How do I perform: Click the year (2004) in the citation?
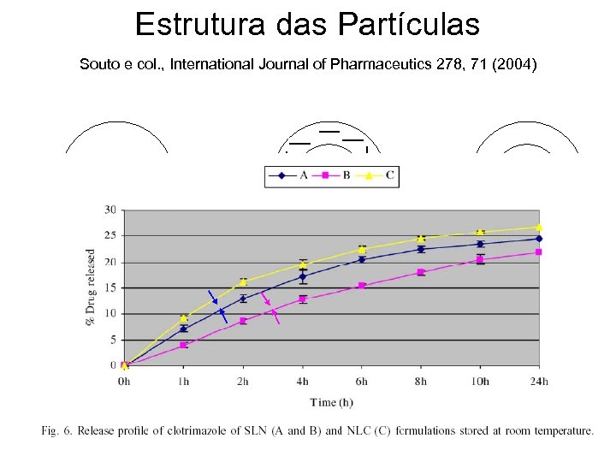(x=515, y=64)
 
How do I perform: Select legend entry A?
(x=303, y=176)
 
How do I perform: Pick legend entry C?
(x=388, y=176)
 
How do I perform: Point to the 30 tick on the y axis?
(x=110, y=210)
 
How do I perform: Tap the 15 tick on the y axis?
(x=110, y=287)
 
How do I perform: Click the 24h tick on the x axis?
(x=539, y=381)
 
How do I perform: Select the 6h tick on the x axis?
(x=362, y=381)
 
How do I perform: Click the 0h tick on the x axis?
(x=125, y=381)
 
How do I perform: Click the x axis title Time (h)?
(x=332, y=402)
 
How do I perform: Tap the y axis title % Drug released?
(x=92, y=287)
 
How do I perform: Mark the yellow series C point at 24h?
(x=539, y=228)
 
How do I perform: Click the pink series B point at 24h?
(x=539, y=252)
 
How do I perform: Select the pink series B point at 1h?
(x=184, y=345)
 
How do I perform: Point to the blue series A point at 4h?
(x=303, y=276)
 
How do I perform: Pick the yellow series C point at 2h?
(x=243, y=281)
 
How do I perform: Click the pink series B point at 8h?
(x=421, y=272)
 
